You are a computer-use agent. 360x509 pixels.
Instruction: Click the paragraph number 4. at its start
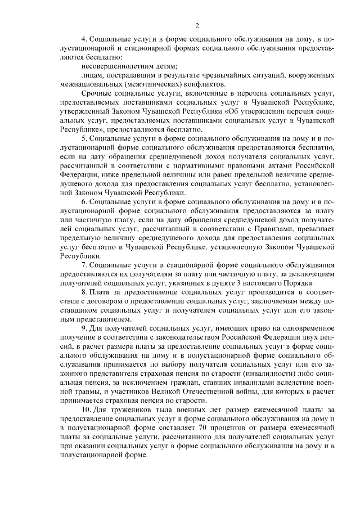tap(84, 40)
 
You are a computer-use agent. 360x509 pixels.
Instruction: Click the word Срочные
tap(96, 93)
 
